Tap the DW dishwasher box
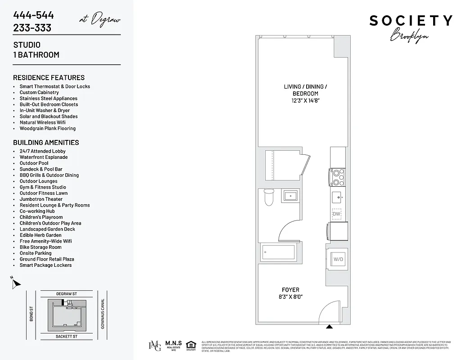pos(336,214)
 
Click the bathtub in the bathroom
pos(278,252)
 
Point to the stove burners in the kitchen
pos(337,177)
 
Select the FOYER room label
pos(290,290)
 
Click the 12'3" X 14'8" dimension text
pos(305,101)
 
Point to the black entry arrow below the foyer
pos(330,327)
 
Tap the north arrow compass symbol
pos(16,283)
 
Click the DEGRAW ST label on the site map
pos(67,294)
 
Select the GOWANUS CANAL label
pos(103,314)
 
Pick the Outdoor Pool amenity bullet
pos(34,163)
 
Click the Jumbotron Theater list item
pos(41,199)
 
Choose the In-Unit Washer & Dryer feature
pos(45,110)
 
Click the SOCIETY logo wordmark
pos(411,21)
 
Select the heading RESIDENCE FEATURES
pos(49,77)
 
